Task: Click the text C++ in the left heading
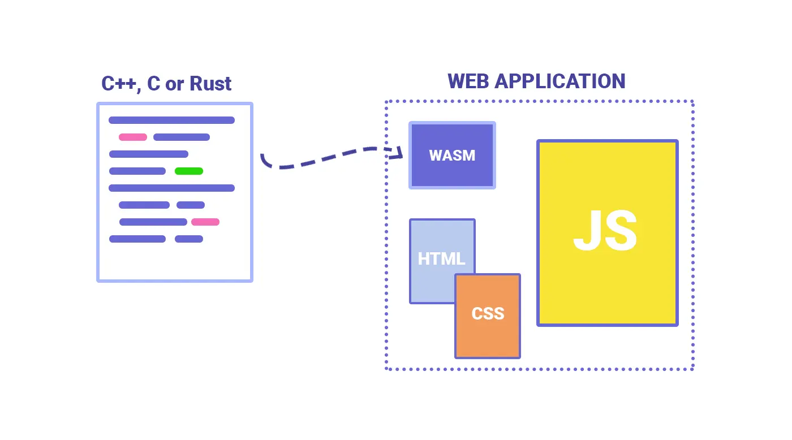pos(119,84)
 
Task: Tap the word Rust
pos(210,84)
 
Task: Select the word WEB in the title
pos(468,81)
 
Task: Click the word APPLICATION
pos(560,81)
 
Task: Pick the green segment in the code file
pos(189,171)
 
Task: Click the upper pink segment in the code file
pos(133,137)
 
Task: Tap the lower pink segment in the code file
pos(205,222)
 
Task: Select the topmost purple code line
pos(171,120)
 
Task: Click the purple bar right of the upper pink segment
pos(182,137)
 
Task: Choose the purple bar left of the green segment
pos(137,171)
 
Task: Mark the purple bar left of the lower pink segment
pos(153,222)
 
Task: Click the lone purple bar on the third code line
pos(149,154)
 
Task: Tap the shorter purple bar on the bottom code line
pos(189,239)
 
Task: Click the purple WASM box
pos(452,155)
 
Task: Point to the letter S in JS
pos(621,231)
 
